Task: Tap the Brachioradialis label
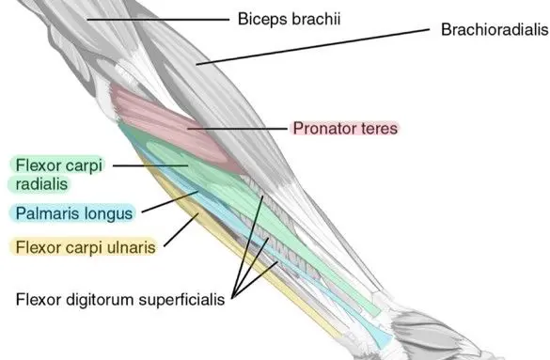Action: (x=494, y=30)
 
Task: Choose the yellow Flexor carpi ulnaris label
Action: (x=82, y=247)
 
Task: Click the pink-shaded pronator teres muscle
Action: (x=169, y=117)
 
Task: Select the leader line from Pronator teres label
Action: (x=235, y=127)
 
